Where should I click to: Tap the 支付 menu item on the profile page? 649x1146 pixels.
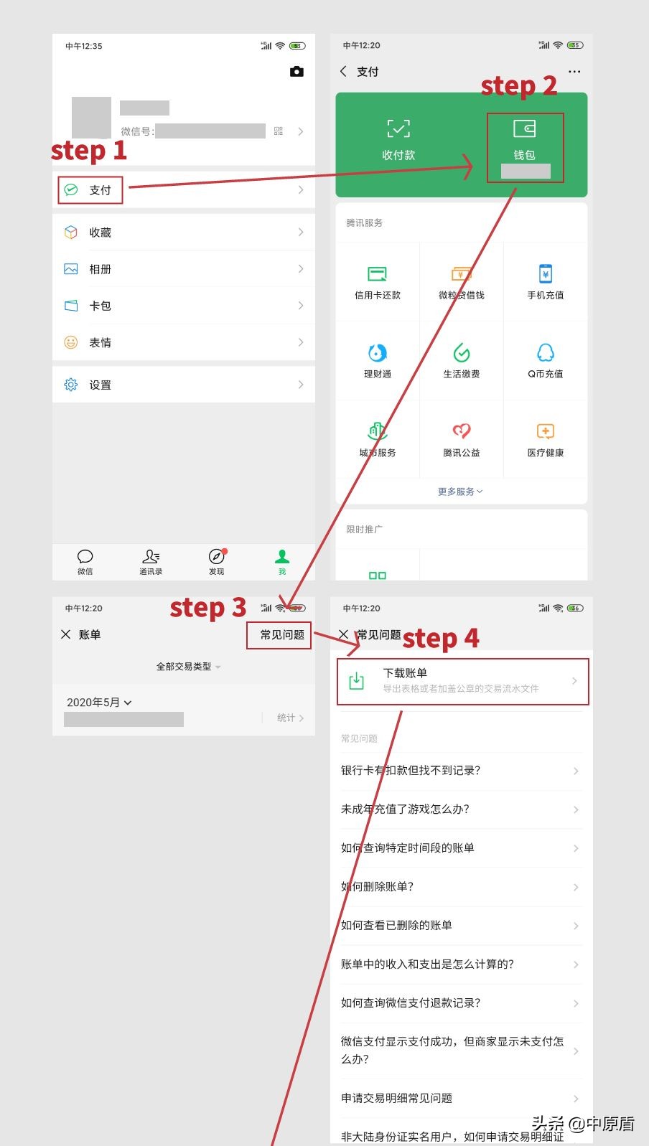click(x=99, y=190)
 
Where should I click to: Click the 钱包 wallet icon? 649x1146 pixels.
click(x=525, y=130)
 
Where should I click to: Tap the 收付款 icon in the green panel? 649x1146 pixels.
click(x=398, y=130)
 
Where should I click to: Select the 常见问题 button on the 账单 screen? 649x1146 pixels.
click(x=281, y=635)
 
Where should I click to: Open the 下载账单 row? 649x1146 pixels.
click(x=462, y=680)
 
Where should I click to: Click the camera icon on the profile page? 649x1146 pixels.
click(x=297, y=72)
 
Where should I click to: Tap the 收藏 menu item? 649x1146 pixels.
click(x=100, y=233)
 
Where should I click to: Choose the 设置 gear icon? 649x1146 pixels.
click(x=71, y=385)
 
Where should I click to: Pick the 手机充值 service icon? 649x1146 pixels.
click(x=546, y=274)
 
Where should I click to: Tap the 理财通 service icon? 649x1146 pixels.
click(x=378, y=353)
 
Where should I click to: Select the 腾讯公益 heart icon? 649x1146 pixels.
click(x=462, y=431)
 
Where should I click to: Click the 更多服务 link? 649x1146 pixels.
click(x=460, y=492)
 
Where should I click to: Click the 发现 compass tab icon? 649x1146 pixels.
click(x=216, y=557)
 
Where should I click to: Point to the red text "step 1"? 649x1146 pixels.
click(x=89, y=151)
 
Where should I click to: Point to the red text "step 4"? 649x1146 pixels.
click(x=441, y=638)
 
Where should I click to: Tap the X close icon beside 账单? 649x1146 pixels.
click(x=66, y=634)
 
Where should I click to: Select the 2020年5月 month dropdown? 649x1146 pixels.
click(x=99, y=703)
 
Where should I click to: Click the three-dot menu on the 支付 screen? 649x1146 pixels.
click(x=574, y=72)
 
